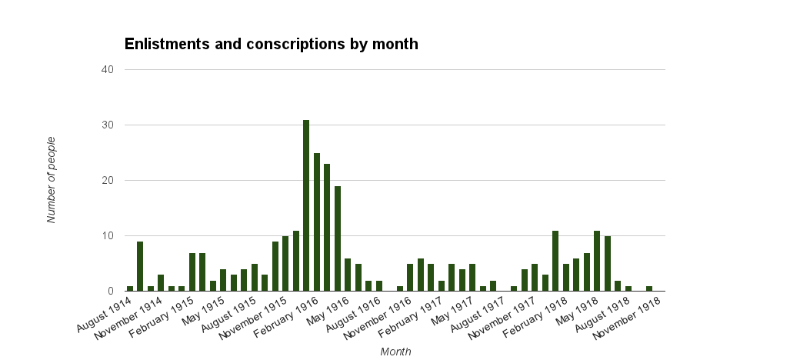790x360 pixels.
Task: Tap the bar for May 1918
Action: click(597, 261)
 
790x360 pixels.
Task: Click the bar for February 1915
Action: click(192, 272)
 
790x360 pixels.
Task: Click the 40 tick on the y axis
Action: click(108, 70)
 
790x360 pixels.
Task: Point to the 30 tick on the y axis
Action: click(108, 125)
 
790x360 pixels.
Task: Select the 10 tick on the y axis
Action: click(108, 236)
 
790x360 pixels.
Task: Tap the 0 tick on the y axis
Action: click(111, 292)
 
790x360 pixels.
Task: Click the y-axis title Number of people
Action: click(52, 180)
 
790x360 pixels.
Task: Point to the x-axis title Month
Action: click(395, 352)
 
